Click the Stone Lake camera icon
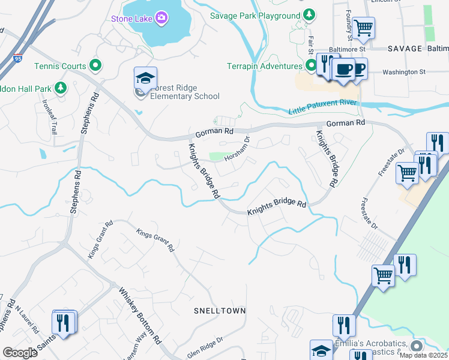pyautogui.click(x=161, y=18)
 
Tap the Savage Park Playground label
pyautogui.click(x=255, y=16)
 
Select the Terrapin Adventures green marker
pyautogui.click(x=311, y=65)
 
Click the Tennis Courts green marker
pyautogui.click(x=95, y=65)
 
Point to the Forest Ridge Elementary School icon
pyautogui.click(x=145, y=77)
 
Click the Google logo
pyautogui.click(x=20, y=353)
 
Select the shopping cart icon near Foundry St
pyautogui.click(x=363, y=28)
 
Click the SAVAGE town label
pyautogui.click(x=405, y=47)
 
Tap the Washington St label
pyautogui.click(x=405, y=72)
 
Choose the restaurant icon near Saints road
pyautogui.click(x=63, y=322)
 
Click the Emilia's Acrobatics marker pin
pyautogui.click(x=417, y=346)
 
